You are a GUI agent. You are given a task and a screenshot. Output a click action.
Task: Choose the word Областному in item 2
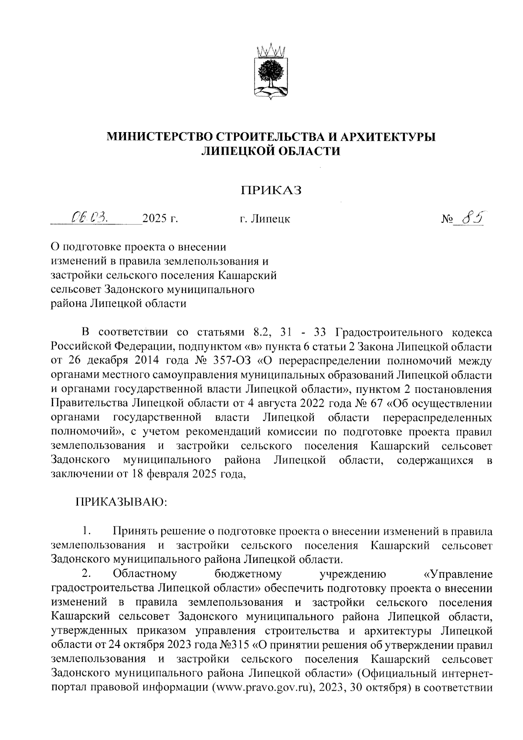(144, 573)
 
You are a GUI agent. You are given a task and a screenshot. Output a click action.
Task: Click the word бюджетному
(248, 573)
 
